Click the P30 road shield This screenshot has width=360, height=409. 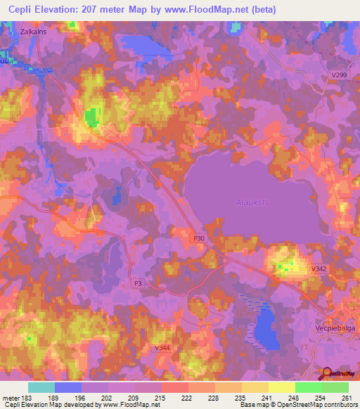[x=199, y=239]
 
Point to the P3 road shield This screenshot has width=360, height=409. [x=138, y=283]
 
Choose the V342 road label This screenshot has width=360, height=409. [x=320, y=268]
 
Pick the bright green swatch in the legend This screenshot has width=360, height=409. [x=308, y=387]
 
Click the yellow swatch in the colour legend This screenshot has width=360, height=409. [x=281, y=387]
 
